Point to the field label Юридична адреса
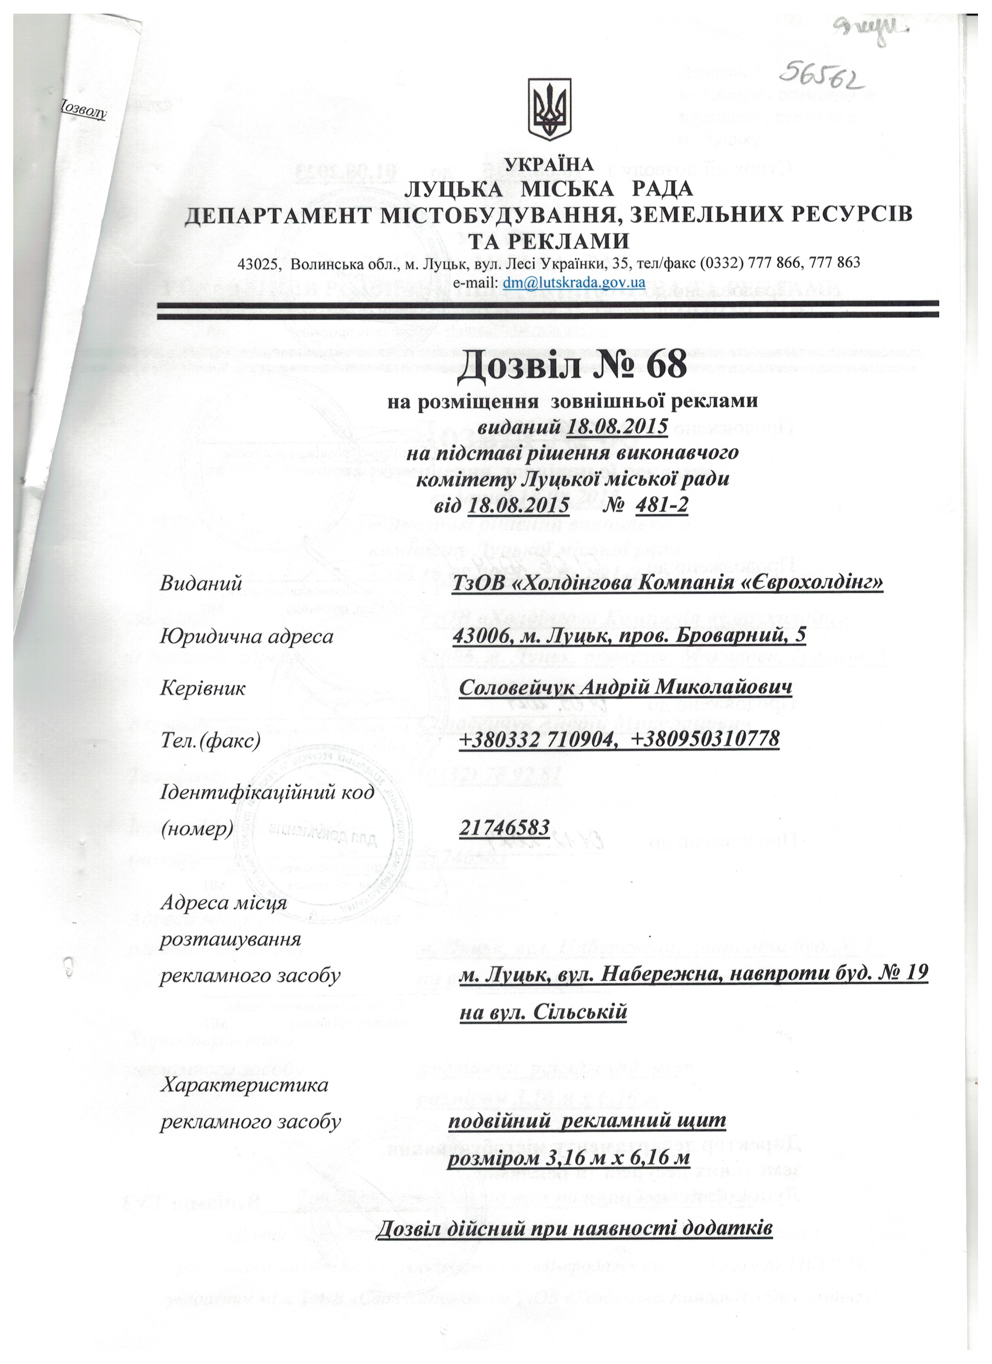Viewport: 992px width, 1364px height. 246,636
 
